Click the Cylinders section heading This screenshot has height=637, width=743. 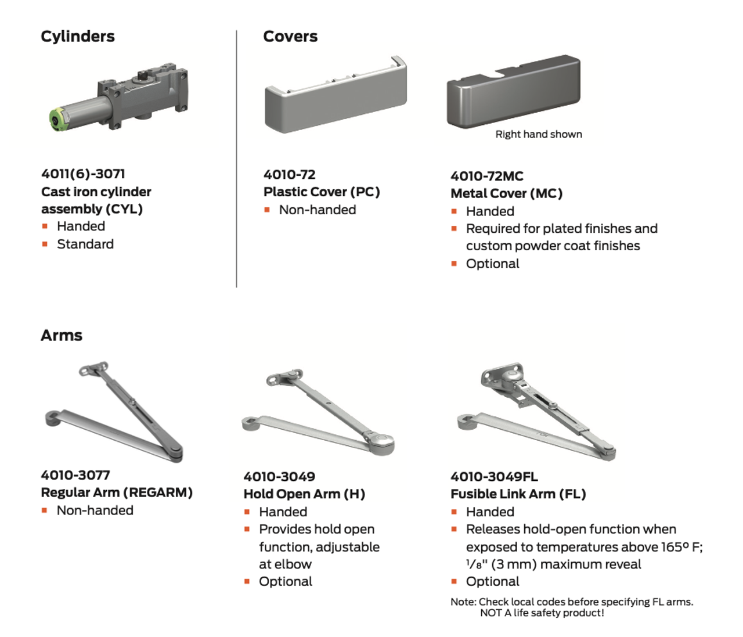click(x=78, y=37)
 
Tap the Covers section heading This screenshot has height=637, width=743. click(x=290, y=37)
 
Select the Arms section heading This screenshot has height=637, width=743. click(x=62, y=336)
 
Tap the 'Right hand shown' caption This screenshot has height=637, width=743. click(x=538, y=134)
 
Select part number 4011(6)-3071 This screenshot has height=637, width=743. click(x=83, y=174)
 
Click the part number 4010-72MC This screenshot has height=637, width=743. click(x=486, y=176)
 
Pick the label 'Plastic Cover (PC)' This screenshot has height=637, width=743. click(x=321, y=192)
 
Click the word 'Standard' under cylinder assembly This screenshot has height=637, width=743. click(x=85, y=244)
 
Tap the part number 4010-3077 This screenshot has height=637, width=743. click(x=75, y=475)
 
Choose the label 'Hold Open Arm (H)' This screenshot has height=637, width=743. click(x=304, y=494)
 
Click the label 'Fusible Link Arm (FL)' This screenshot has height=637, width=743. click(x=518, y=494)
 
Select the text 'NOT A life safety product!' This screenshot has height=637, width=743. click(x=542, y=613)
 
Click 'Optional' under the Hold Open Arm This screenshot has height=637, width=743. click(x=285, y=581)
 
